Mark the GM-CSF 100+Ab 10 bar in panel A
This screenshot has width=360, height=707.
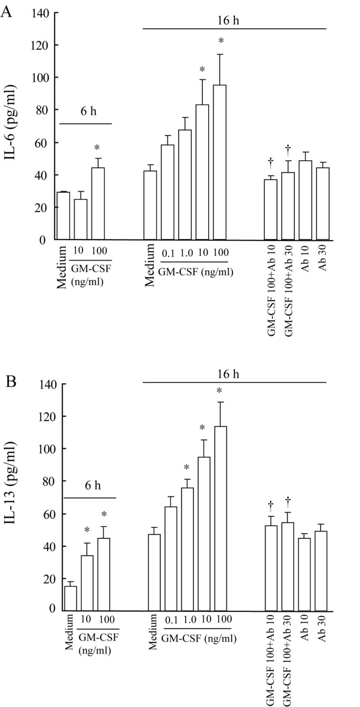[x=271, y=210]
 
